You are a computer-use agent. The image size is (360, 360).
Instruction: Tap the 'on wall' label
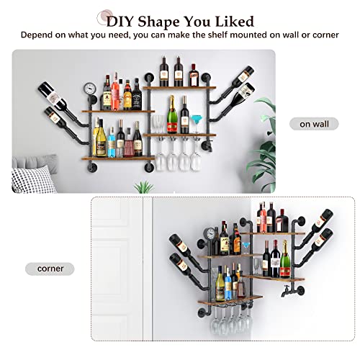pyautogui.click(x=314, y=124)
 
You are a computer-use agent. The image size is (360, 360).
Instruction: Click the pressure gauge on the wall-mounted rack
pyautogui.click(x=89, y=89)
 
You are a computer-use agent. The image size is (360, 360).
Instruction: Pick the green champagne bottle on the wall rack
pyautogui.click(x=172, y=115)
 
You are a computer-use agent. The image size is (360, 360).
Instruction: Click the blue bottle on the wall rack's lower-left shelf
pyautogui.click(x=109, y=143)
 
